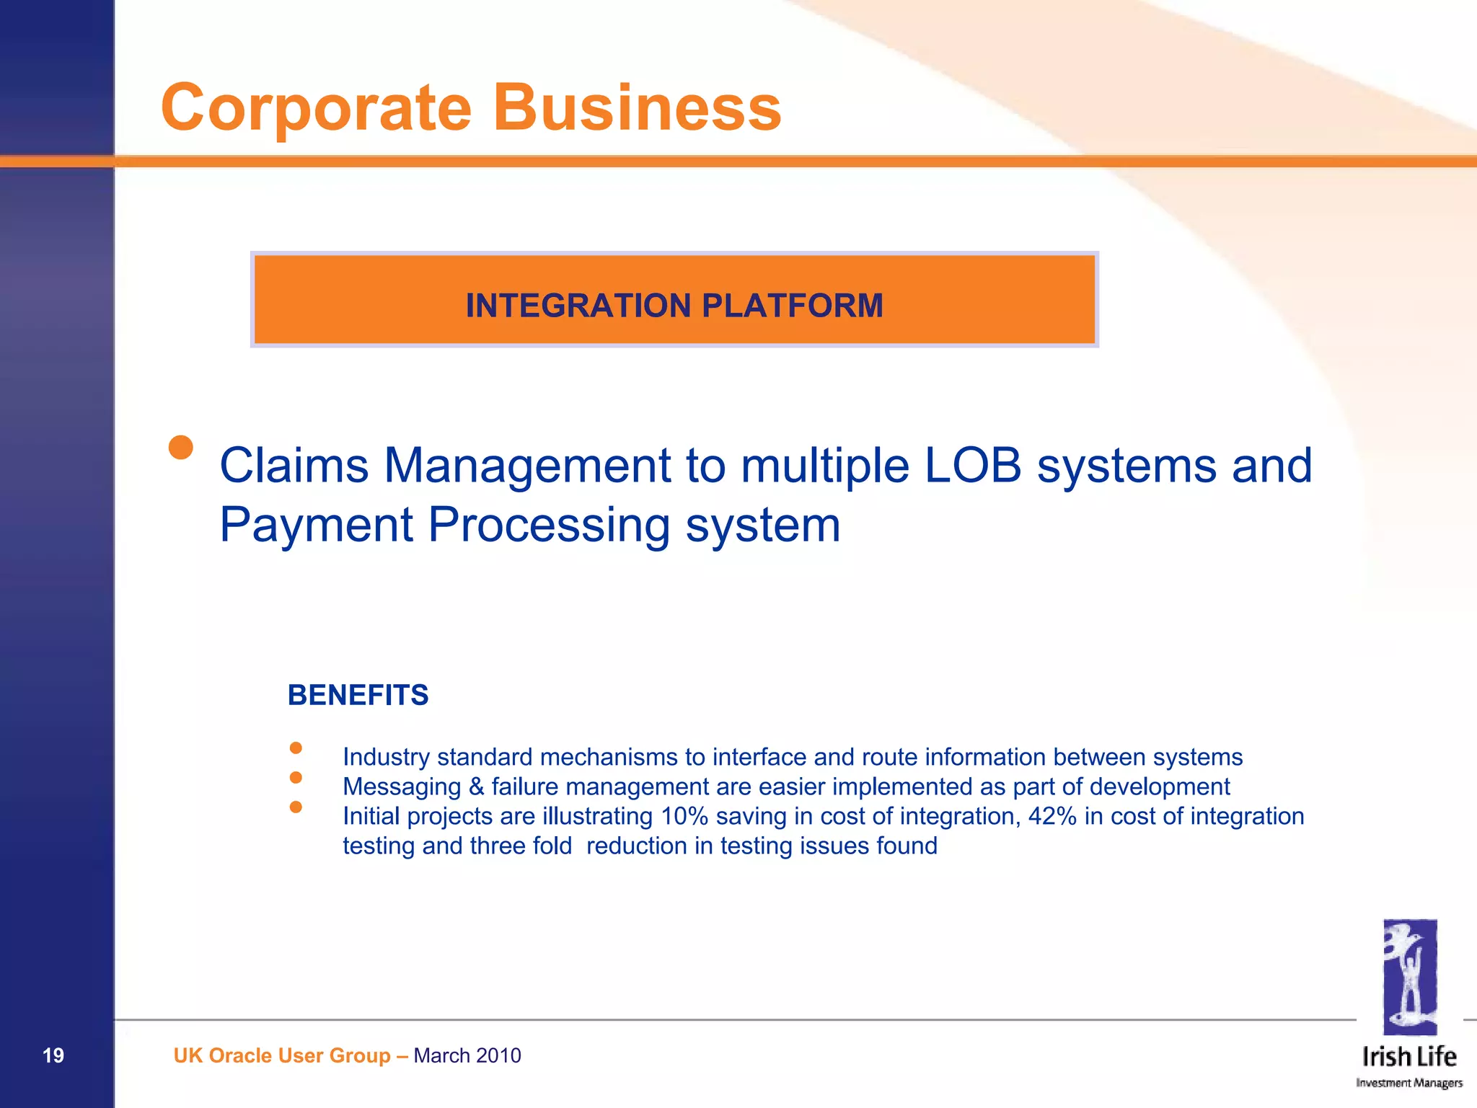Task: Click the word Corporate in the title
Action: (x=316, y=108)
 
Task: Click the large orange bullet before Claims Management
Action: (x=181, y=447)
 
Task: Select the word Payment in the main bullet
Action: (x=316, y=525)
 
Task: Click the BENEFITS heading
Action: (x=358, y=695)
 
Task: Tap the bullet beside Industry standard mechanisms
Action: (x=296, y=748)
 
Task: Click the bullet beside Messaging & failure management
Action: (x=296, y=777)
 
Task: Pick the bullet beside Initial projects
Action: (x=296, y=807)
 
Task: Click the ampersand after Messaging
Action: (x=476, y=786)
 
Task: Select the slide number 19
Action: (x=53, y=1055)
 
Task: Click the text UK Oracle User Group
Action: (x=281, y=1055)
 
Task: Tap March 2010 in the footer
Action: (x=467, y=1055)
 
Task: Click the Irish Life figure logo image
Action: (x=1409, y=977)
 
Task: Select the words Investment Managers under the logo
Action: (x=1408, y=1083)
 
